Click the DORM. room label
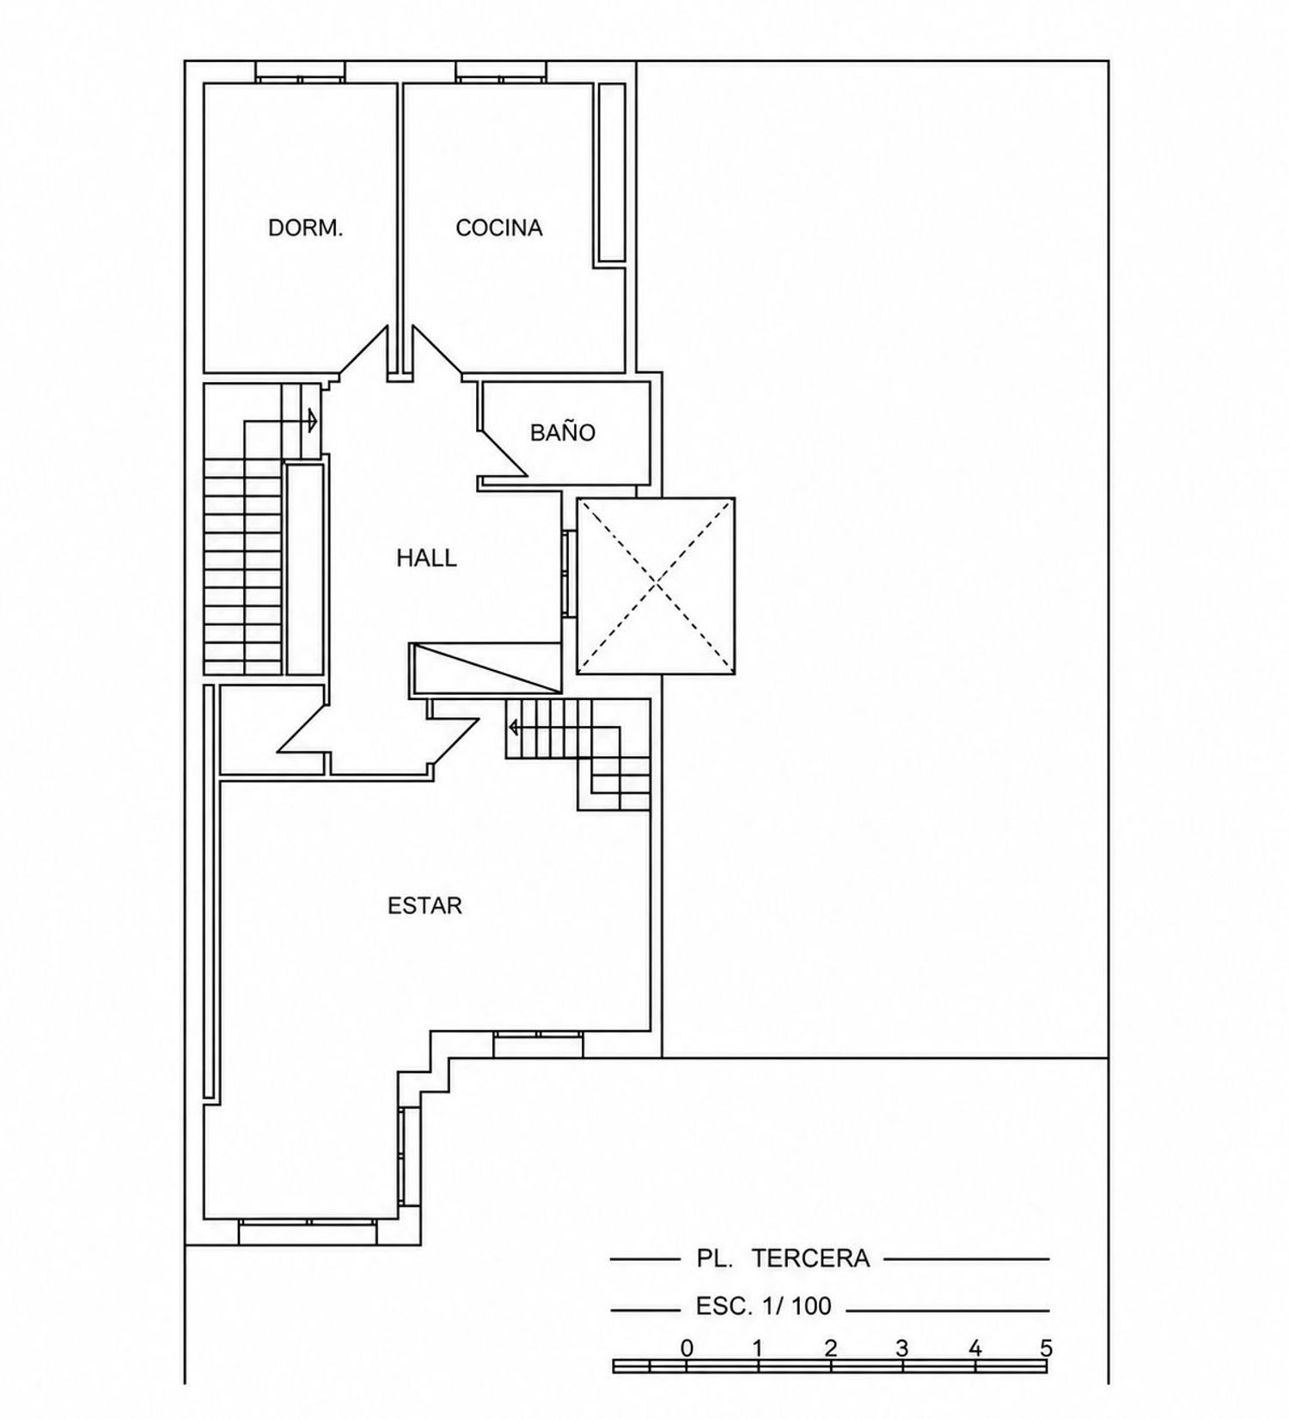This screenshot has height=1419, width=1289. [306, 228]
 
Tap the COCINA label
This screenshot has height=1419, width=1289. [498, 228]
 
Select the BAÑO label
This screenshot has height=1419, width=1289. [562, 431]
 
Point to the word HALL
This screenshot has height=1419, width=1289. [426, 558]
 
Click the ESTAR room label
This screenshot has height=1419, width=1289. [425, 905]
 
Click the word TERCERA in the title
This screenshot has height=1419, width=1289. [810, 1258]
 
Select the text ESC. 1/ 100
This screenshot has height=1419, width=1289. [763, 1306]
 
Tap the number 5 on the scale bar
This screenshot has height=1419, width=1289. [1046, 1348]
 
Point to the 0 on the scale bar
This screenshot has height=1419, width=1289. [686, 1348]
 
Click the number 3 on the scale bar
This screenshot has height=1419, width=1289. [901, 1348]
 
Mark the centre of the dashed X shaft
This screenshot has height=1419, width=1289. [656, 585]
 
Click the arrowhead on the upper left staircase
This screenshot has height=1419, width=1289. [314, 421]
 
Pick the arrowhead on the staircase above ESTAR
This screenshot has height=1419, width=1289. [514, 728]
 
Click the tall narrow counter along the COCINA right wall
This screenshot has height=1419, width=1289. [612, 173]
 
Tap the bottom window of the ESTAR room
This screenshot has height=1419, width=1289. [308, 1231]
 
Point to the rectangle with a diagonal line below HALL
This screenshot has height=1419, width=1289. [486, 667]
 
